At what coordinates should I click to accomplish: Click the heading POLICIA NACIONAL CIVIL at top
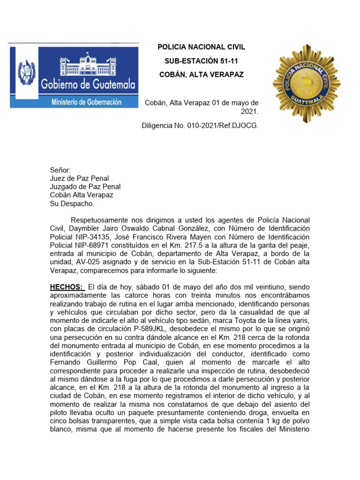tap(201, 47)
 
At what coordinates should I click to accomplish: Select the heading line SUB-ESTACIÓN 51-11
tap(201, 61)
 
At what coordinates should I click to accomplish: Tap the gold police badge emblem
tap(307, 83)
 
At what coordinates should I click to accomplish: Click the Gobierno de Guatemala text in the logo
tap(89, 85)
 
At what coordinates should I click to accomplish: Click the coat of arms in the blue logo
tap(27, 72)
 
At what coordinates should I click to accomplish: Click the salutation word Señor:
tap(60, 170)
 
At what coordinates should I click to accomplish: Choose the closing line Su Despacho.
tap(72, 203)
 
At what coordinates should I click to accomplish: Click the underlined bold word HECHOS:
tap(67, 287)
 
